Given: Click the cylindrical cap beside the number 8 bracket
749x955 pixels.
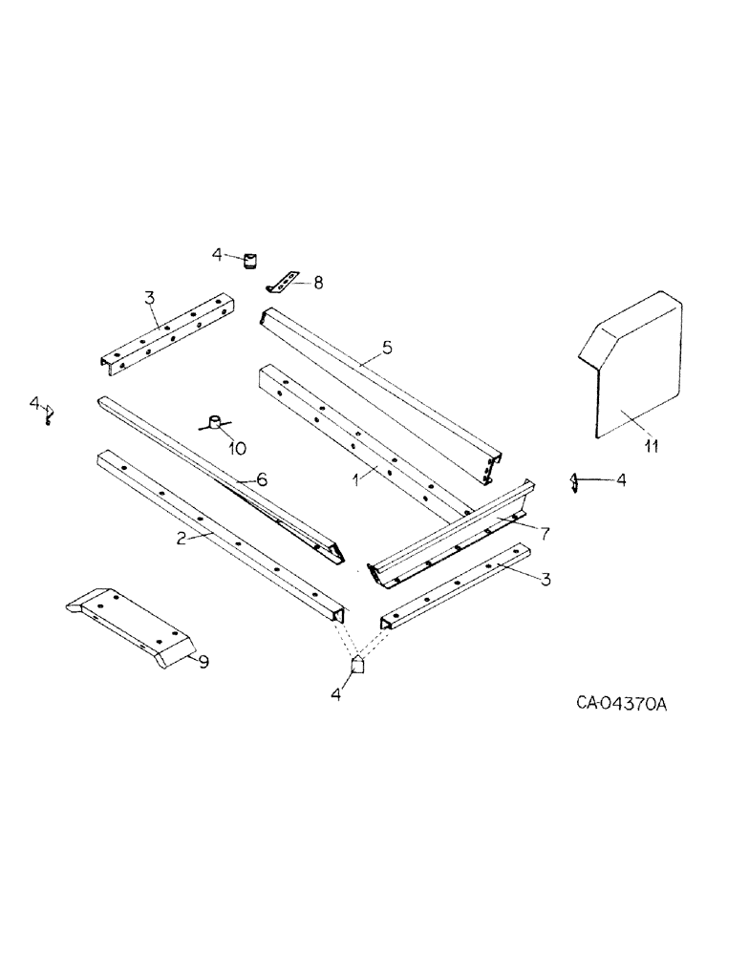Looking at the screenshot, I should point(251,261).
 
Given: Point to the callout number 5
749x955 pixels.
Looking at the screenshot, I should point(386,350).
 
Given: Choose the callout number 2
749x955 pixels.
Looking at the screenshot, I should point(179,539).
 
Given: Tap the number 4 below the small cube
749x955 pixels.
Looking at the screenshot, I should point(335,694).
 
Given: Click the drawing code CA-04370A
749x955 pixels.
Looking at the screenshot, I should point(621,705).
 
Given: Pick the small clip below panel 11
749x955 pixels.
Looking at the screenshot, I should point(575,483).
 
